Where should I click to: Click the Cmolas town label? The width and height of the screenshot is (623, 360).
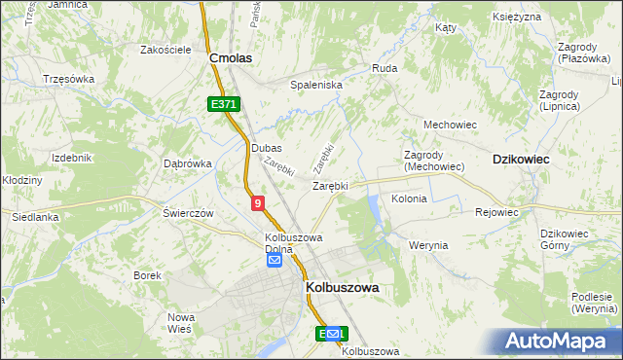pyautogui.click(x=231, y=58)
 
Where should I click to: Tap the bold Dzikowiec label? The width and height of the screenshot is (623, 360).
pyautogui.click(x=521, y=158)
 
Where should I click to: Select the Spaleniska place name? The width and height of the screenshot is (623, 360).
pyautogui.click(x=316, y=85)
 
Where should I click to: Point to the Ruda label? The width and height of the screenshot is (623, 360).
pyautogui.click(x=384, y=69)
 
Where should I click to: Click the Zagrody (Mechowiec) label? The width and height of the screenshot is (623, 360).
pyautogui.click(x=434, y=161)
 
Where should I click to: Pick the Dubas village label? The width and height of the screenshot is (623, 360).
pyautogui.click(x=266, y=148)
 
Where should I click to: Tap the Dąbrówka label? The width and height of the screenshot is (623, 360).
pyautogui.click(x=188, y=163)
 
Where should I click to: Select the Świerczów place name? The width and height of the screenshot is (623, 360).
pyautogui.click(x=188, y=213)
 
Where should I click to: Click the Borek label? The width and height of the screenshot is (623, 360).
pyautogui.click(x=148, y=275)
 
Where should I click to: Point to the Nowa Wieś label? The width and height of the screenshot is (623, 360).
pyautogui.click(x=182, y=323)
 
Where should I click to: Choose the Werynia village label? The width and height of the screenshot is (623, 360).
pyautogui.click(x=428, y=245)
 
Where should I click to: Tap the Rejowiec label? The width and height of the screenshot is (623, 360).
pyautogui.click(x=496, y=211)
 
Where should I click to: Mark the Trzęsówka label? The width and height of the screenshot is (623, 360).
pyautogui.click(x=68, y=79)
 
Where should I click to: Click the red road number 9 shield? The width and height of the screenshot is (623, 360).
pyautogui.click(x=257, y=202)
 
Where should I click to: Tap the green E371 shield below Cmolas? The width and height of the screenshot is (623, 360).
pyautogui.click(x=223, y=103)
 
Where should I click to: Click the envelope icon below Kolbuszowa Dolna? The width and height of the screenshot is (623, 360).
pyautogui.click(x=275, y=261)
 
